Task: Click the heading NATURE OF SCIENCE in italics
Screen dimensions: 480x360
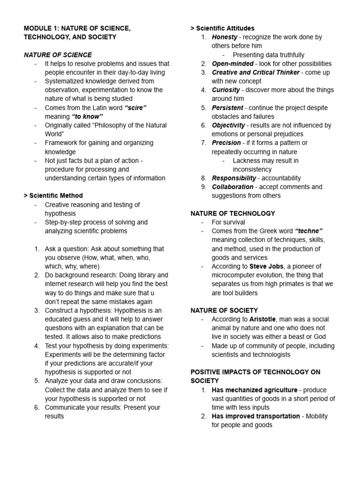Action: (x=58, y=55)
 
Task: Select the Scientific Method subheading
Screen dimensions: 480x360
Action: (x=53, y=195)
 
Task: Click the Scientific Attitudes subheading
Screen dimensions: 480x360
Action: (x=223, y=28)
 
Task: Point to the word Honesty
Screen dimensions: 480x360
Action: (x=225, y=37)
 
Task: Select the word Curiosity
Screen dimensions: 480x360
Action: (x=226, y=90)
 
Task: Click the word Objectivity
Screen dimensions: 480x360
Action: (x=228, y=125)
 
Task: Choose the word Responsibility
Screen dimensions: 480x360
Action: (x=234, y=178)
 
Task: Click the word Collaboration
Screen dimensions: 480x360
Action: (x=232, y=187)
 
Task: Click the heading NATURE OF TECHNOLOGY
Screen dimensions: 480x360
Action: (x=233, y=213)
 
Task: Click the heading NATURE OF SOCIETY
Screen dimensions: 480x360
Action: (x=224, y=310)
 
